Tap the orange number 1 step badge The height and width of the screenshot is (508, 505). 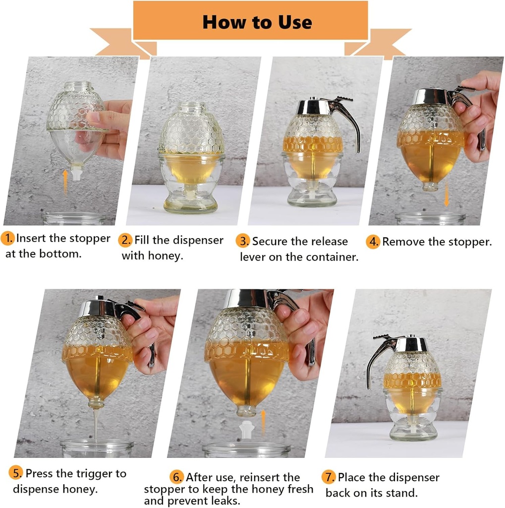[8, 239]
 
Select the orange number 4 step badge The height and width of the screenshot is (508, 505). [373, 242]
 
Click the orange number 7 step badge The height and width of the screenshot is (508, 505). [329, 478]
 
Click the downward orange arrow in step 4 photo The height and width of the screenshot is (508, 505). [447, 194]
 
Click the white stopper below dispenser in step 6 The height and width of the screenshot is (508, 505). [246, 431]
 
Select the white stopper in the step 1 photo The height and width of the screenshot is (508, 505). [77, 172]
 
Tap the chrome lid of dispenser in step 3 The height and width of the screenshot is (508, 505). [313, 106]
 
